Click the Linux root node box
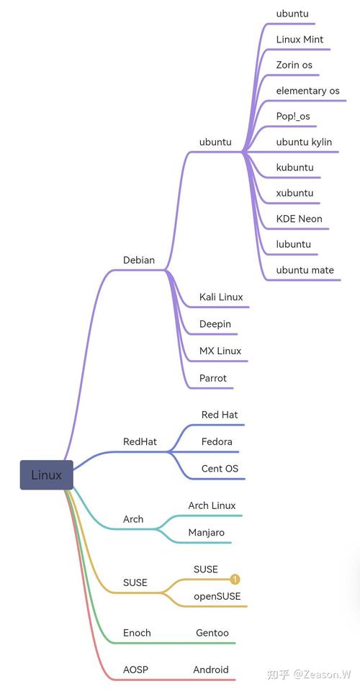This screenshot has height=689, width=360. [x=46, y=475]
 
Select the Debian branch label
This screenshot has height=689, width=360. [x=139, y=260]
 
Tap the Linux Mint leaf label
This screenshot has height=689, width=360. [x=300, y=40]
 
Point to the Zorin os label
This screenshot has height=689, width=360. [x=294, y=65]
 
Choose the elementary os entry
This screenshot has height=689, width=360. [x=307, y=91]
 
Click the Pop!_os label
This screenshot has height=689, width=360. [x=293, y=117]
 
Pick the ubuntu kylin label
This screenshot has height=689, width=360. [x=304, y=142]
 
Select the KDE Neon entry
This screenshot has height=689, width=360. [x=299, y=219]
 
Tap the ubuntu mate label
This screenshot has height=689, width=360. [x=305, y=270]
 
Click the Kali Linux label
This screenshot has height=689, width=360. [x=221, y=297]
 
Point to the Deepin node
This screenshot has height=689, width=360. [x=215, y=324]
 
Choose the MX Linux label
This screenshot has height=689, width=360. [x=220, y=351]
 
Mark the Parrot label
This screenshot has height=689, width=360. [x=213, y=378]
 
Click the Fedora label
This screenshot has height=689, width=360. [x=217, y=441]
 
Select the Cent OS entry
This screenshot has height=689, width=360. [x=220, y=469]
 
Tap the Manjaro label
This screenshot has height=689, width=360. [x=207, y=533]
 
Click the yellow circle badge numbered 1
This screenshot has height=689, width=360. [x=235, y=579]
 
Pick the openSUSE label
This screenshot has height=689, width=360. [x=217, y=596]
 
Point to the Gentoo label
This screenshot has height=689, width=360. [x=212, y=633]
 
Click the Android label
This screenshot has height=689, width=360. [x=211, y=670]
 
